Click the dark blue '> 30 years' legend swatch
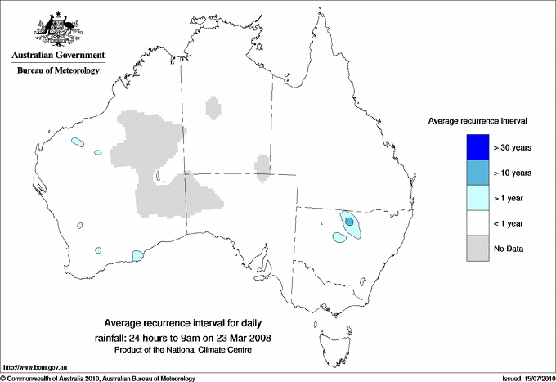coord(478,147)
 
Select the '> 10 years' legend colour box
coord(478,172)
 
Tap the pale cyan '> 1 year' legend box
coord(478,197)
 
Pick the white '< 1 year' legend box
coord(478,222)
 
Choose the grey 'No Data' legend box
coord(478,248)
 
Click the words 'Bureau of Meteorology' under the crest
coord(58,71)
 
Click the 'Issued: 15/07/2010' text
coord(523,378)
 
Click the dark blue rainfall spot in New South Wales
coord(349,221)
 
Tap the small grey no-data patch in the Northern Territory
coord(214,107)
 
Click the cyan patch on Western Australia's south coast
coord(137,255)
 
